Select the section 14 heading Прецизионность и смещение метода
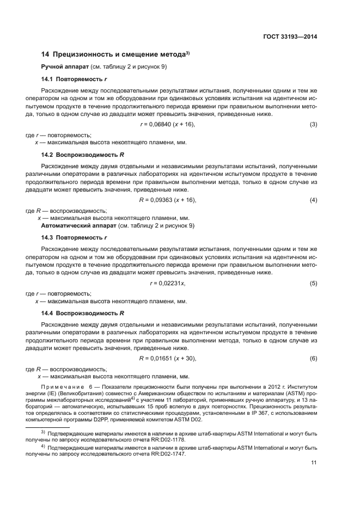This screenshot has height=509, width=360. tap(115, 54)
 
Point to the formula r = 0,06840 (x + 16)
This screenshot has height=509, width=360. tap(167, 125)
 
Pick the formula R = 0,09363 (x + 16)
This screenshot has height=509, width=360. tap(167, 200)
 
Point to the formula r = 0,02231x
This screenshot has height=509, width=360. tap(167, 283)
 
